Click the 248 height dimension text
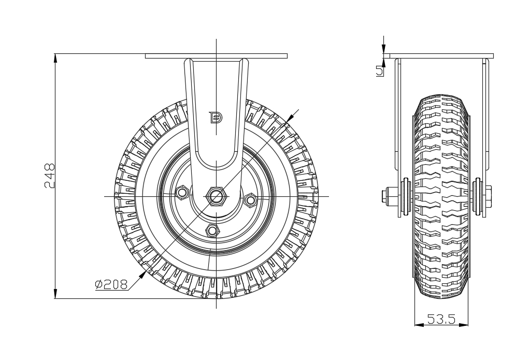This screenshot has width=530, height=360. [49, 177]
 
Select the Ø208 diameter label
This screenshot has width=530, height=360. [111, 284]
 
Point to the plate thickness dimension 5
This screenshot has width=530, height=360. [380, 71]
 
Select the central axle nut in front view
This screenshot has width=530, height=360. [216, 196]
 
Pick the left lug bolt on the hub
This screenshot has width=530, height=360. [182, 192]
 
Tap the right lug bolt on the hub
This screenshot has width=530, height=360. [250, 199]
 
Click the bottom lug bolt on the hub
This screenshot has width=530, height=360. [211, 229]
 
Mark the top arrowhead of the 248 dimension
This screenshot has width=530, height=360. [55, 57]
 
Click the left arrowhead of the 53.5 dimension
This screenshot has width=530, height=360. [419, 325]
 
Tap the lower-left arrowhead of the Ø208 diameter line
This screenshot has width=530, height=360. [142, 273]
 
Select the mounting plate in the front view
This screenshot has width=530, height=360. [216, 56]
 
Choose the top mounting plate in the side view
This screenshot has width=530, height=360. [438, 56]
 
